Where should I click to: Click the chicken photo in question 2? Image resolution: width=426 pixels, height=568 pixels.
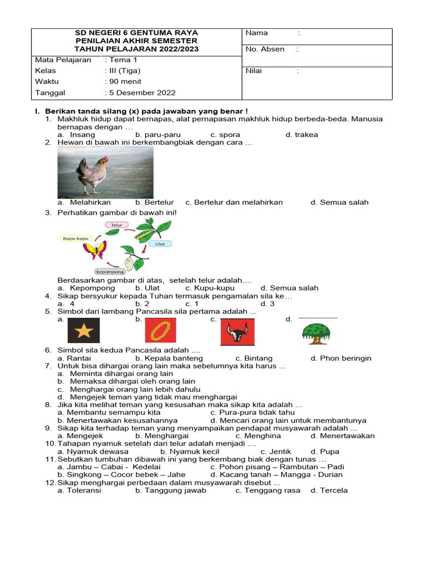tap(105, 173)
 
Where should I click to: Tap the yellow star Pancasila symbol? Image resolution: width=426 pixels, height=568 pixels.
tap(83, 331)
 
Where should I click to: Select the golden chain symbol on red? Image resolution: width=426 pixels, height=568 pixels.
tap(160, 331)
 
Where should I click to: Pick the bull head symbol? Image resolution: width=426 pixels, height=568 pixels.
tap(237, 332)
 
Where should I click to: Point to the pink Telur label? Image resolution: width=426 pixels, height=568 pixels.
tap(116, 225)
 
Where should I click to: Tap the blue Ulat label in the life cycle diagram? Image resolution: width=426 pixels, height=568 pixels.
tap(160, 244)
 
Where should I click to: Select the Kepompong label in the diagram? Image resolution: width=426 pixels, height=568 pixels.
tap(109, 272)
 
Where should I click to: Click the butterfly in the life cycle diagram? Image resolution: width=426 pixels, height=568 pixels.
tap(95, 250)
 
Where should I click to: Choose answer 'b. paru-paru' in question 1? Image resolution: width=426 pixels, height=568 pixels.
tap(158, 135)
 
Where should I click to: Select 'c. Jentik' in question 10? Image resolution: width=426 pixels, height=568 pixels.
tap(276, 452)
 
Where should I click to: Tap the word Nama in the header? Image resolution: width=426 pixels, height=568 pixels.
tap(256, 33)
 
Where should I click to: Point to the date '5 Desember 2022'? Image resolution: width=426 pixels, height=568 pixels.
tap(142, 93)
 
